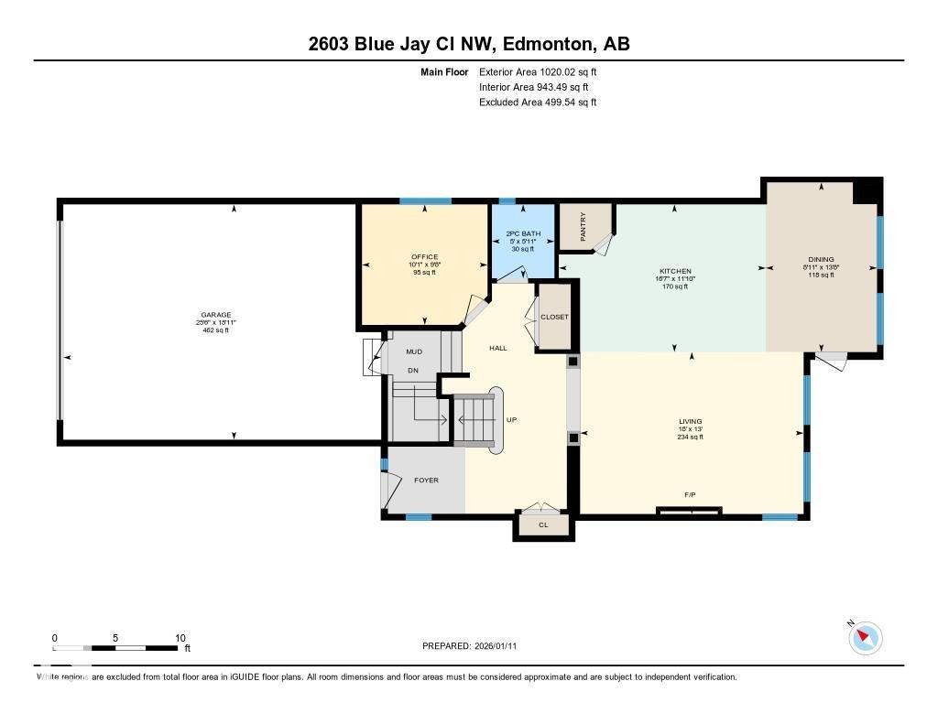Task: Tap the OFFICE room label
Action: coord(424,257)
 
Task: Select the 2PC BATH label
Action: coord(524,234)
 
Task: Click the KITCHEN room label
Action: coord(674,272)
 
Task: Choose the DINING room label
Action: coord(820,260)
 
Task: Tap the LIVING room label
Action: coord(690,422)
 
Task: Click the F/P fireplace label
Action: coord(690,495)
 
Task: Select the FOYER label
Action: coord(426,481)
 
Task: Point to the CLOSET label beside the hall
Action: coord(554,317)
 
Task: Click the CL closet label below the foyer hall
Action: coord(543,525)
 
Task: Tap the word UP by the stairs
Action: coord(511,420)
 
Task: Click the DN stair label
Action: coord(413,371)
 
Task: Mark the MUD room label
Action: coord(414,351)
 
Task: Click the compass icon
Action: coord(865,637)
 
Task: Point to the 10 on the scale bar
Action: coord(180,638)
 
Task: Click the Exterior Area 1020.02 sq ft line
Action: coord(538,71)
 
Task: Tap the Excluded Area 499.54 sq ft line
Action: coord(538,103)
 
